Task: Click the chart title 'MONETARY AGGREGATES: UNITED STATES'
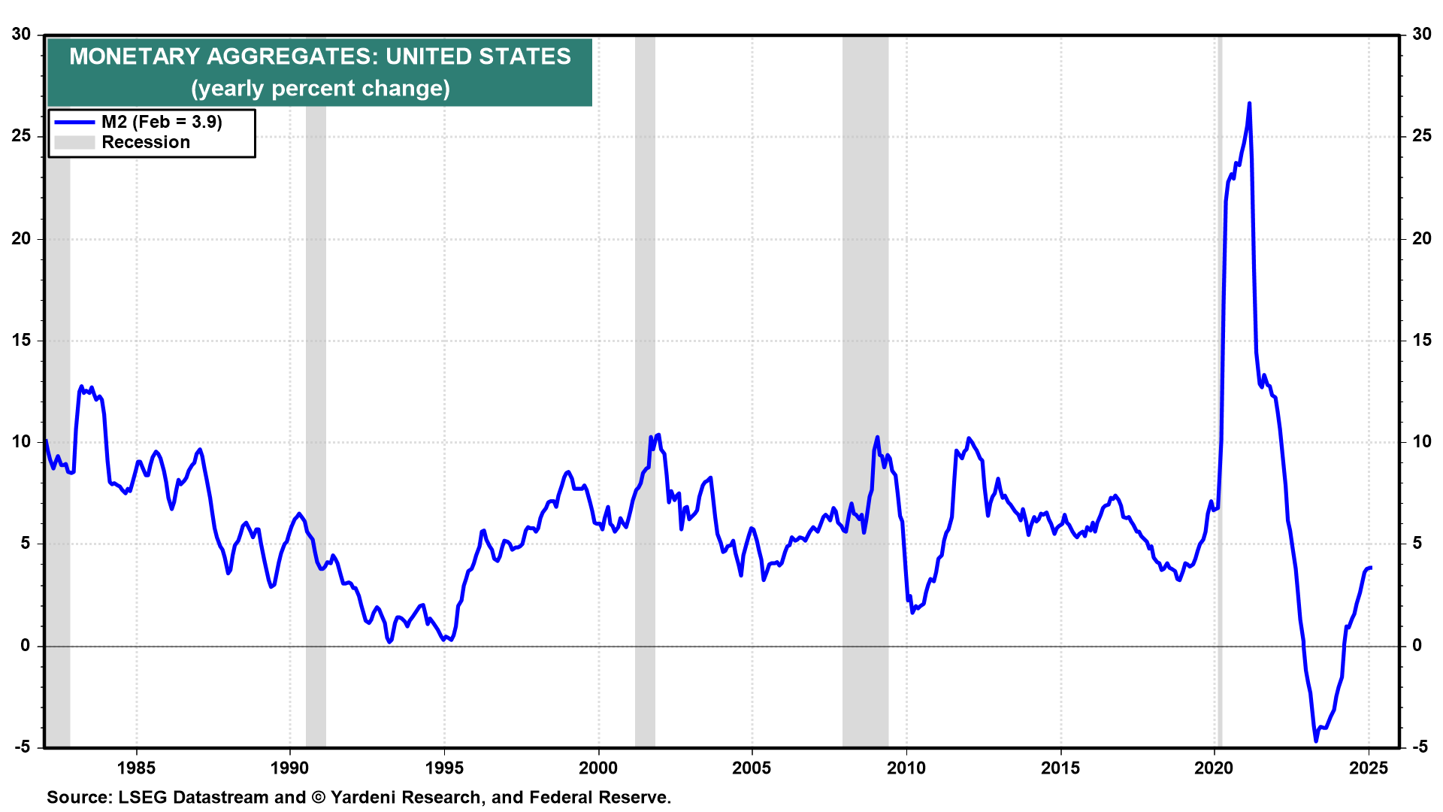point(320,56)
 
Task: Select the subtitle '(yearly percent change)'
point(320,89)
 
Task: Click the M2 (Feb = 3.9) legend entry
point(162,122)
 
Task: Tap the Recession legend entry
point(146,142)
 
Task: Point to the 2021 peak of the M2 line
point(1249,103)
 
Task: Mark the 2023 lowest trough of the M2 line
point(1315,741)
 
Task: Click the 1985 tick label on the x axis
point(136,768)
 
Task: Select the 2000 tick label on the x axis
point(598,768)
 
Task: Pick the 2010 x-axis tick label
point(906,768)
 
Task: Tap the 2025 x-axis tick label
point(1369,768)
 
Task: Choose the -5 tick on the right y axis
point(1420,747)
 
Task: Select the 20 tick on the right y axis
point(1422,238)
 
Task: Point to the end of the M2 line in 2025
point(1371,568)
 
